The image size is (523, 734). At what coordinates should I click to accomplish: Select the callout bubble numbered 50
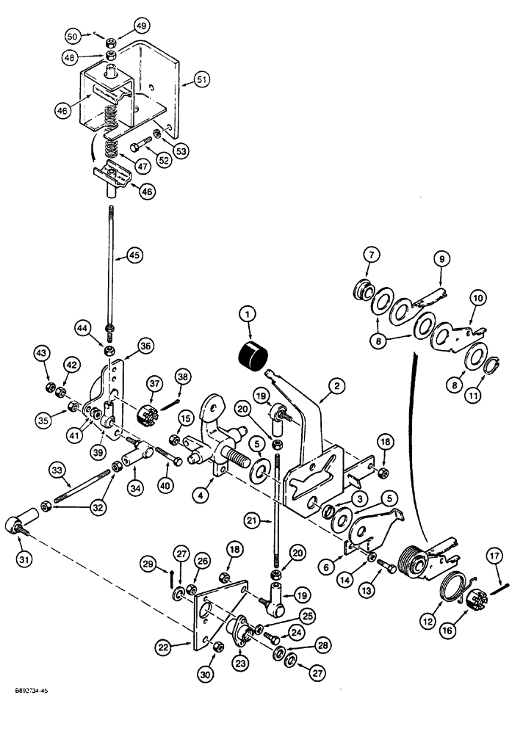(x=73, y=35)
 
